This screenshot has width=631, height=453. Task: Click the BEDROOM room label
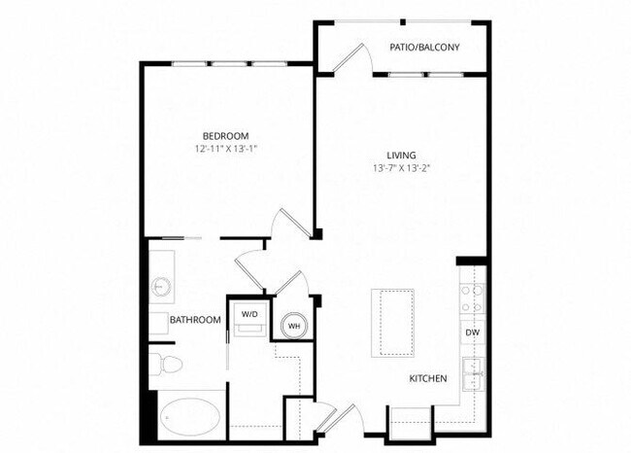click(225, 135)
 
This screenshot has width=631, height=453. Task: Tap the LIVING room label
click(401, 156)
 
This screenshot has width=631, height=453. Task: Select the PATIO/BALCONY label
click(424, 47)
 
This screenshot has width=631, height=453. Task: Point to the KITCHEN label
click(427, 378)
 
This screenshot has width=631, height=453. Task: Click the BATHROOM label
click(194, 320)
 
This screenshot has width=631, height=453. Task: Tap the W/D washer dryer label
click(249, 314)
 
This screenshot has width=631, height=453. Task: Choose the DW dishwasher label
click(472, 332)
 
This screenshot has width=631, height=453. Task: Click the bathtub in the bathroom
click(190, 416)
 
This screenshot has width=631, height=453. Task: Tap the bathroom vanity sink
click(160, 287)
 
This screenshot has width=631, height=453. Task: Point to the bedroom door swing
click(289, 226)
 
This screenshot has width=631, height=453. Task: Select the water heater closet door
click(292, 287)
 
